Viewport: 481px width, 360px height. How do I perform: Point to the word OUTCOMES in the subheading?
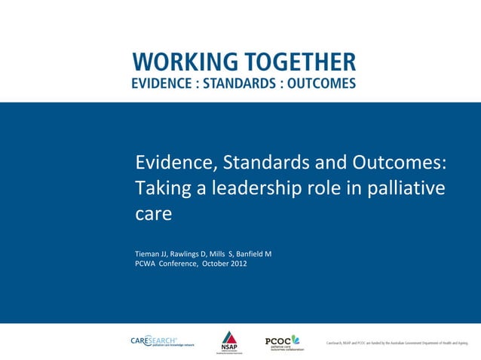(321, 84)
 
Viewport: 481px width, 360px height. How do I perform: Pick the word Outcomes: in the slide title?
(398, 163)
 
